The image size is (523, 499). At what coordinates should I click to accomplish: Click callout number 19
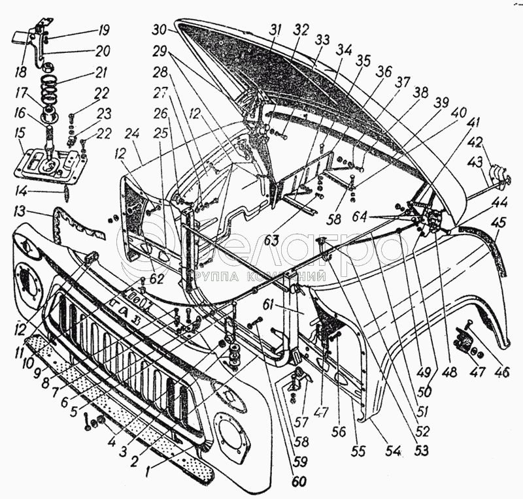tap(105, 30)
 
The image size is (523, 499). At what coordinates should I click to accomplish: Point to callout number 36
tap(383, 72)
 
